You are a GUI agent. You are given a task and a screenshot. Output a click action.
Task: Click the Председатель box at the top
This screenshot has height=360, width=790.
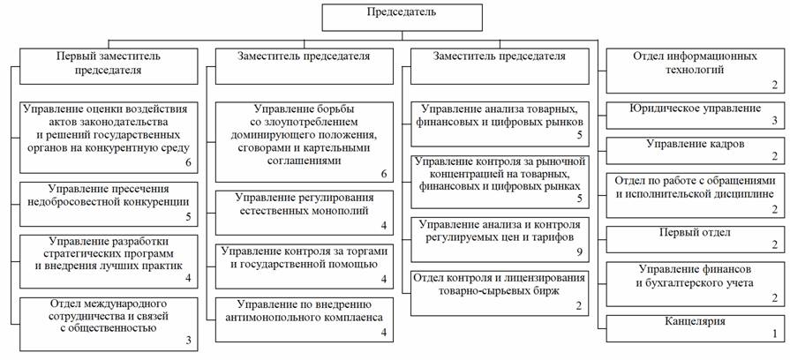point(402,19)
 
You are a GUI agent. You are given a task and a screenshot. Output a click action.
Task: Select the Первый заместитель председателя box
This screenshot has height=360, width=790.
point(109,66)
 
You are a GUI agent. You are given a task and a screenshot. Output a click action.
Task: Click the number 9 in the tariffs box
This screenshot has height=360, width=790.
point(579,252)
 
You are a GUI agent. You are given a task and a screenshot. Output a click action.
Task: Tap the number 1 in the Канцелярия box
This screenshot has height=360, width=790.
point(775,334)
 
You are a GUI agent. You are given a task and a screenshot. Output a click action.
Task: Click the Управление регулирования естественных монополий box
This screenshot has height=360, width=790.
point(305,213)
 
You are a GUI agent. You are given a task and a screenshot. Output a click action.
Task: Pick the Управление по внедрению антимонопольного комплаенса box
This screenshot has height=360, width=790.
point(305,319)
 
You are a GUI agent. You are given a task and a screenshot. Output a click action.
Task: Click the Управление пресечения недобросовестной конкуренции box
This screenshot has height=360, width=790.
point(109,204)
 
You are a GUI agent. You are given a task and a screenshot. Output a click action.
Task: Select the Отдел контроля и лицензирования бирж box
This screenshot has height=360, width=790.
point(500,293)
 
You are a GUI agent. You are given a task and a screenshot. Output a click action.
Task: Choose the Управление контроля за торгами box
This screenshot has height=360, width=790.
point(305,266)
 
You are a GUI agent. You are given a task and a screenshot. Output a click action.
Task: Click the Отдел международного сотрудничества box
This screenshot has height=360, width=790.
point(109,324)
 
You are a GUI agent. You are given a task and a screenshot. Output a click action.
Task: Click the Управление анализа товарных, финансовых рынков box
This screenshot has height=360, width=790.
point(500,124)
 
